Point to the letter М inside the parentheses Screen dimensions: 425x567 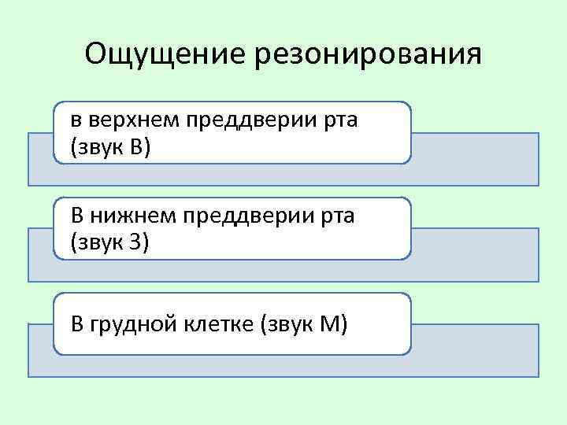329,323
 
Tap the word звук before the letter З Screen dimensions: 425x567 98,242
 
